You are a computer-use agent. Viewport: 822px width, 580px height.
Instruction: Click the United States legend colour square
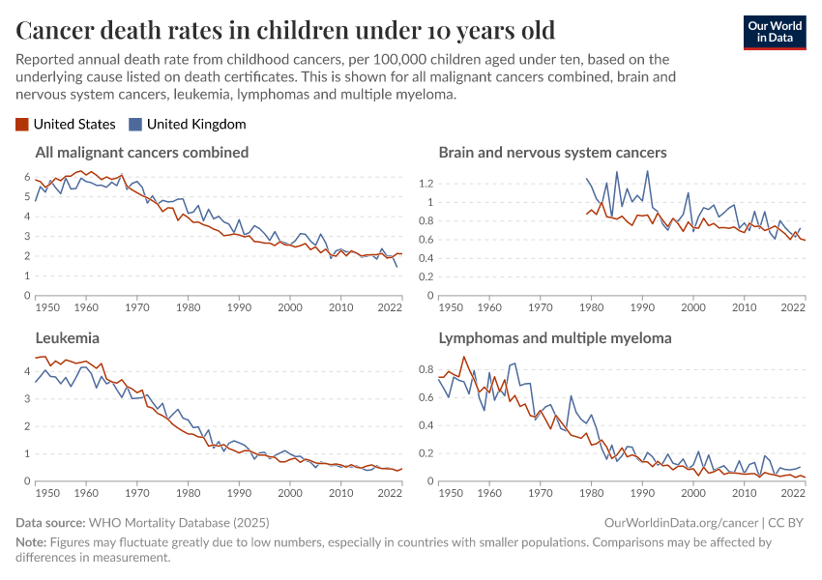pos(22,124)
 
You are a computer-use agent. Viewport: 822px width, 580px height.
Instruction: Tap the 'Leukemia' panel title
pos(67,338)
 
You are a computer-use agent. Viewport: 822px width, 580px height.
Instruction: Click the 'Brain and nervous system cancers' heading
pos(552,153)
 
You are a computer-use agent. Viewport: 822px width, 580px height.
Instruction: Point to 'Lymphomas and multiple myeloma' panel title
pos(555,338)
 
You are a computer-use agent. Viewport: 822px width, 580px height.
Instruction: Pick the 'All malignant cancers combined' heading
pos(142,153)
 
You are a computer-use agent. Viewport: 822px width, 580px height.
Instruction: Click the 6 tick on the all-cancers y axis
pos(25,177)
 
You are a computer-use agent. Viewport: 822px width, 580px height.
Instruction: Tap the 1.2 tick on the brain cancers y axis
pos(425,183)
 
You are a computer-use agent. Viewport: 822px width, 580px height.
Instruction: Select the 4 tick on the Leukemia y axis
pos(25,370)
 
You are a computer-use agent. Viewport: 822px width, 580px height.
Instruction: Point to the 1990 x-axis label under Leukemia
pos(239,493)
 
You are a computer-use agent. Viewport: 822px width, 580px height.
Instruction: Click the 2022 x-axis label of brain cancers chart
pos(793,307)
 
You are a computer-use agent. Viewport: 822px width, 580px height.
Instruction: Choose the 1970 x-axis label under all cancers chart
pos(136,307)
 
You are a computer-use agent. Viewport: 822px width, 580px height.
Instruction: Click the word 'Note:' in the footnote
pos(32,542)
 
